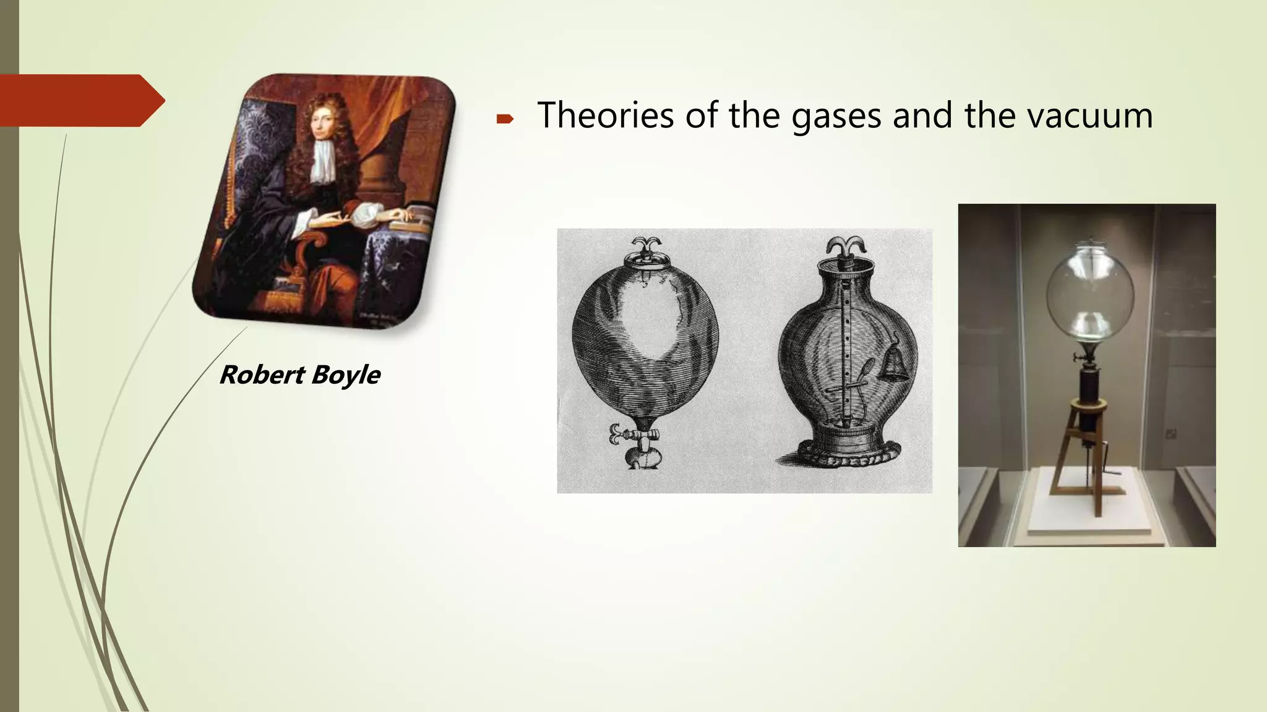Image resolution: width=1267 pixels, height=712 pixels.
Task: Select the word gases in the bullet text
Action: tap(836, 116)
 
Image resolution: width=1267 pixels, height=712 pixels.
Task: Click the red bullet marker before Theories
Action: tap(505, 119)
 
